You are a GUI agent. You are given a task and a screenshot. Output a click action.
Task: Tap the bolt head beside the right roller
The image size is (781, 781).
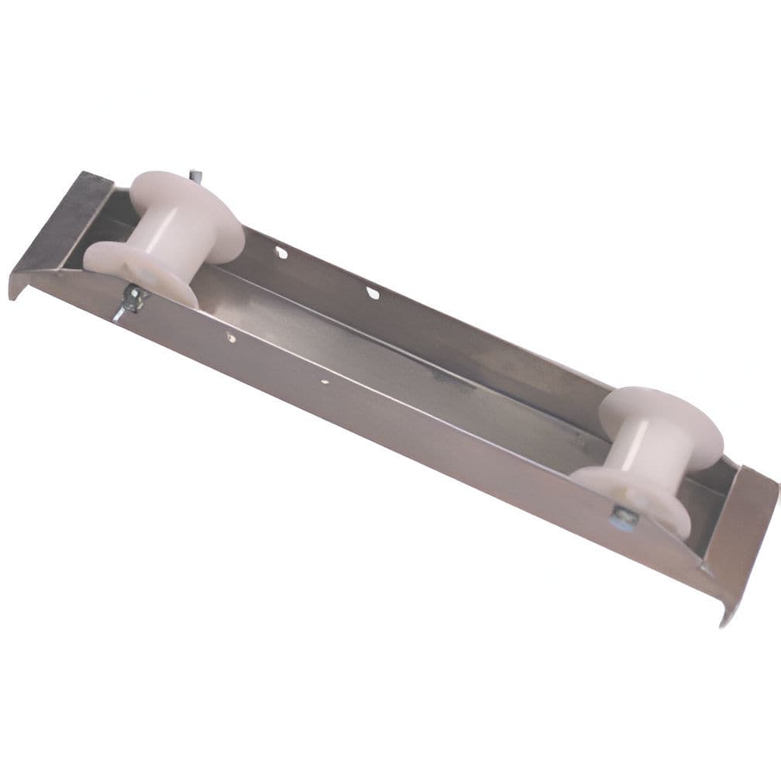pyautogui.click(x=624, y=518)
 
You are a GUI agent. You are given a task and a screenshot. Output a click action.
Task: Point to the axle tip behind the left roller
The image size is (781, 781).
pyautogui.click(x=194, y=176)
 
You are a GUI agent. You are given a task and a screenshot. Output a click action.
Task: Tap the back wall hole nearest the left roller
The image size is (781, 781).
pyautogui.click(x=280, y=252)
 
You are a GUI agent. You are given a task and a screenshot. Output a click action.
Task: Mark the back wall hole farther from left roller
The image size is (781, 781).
pyautogui.click(x=373, y=293)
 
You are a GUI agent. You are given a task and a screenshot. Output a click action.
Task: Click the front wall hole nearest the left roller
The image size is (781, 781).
pyautogui.click(x=231, y=337)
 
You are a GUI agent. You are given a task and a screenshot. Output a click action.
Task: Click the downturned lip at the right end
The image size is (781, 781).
pyautogui.click(x=726, y=612)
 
